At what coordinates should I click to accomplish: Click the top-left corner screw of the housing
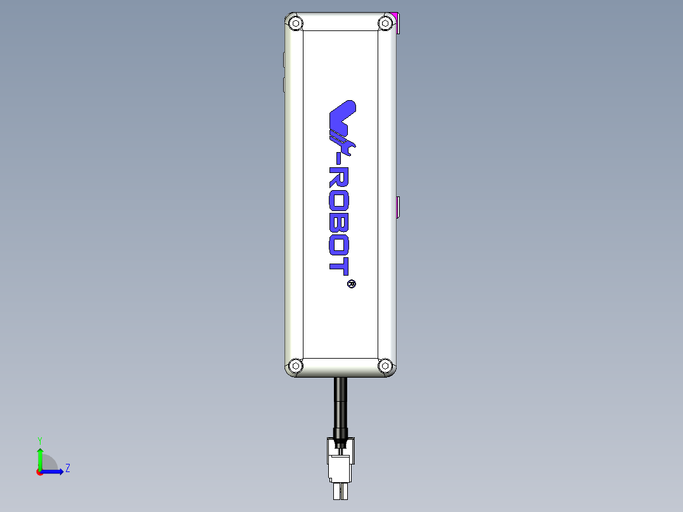tap(295, 24)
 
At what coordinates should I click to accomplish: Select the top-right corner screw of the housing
tap(385, 24)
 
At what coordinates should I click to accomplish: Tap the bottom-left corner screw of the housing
tap(295, 366)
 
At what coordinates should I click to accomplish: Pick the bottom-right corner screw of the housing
tap(385, 366)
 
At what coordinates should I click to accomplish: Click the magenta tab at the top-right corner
tap(397, 23)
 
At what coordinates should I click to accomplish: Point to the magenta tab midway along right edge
tap(398, 207)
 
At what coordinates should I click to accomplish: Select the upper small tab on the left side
tap(283, 60)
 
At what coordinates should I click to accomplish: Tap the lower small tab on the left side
tap(283, 85)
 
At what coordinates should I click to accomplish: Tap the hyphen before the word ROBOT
tap(340, 162)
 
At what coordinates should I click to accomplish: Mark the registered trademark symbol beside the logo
tap(352, 283)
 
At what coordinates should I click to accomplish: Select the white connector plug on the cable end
tap(340, 466)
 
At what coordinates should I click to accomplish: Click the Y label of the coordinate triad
tap(39, 440)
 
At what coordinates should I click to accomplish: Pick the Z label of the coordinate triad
tap(67, 469)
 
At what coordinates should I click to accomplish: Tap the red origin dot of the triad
tap(39, 472)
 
